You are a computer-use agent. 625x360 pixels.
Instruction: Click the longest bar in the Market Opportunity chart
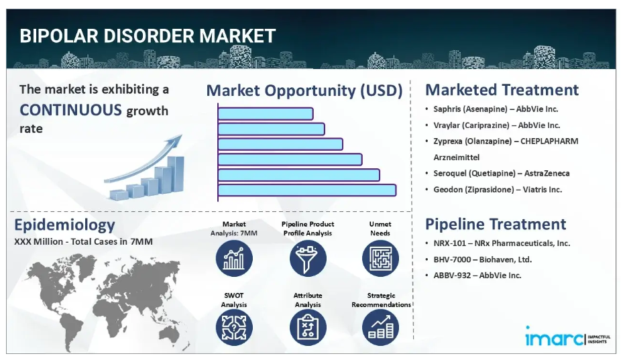tap(307, 190)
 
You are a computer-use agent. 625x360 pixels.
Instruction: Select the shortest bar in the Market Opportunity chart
tap(266, 114)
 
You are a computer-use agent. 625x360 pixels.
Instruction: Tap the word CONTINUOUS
tap(70, 110)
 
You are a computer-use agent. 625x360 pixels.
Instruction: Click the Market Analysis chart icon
tap(234, 258)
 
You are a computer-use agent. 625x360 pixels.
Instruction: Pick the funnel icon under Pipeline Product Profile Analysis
tap(308, 258)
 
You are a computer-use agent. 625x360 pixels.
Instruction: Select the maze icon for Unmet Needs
tap(380, 258)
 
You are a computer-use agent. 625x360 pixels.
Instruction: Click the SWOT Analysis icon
tap(234, 328)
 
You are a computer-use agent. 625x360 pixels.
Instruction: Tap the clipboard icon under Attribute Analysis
tap(308, 328)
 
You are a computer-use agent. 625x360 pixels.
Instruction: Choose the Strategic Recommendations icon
tap(380, 328)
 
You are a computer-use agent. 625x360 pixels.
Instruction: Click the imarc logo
tap(567, 337)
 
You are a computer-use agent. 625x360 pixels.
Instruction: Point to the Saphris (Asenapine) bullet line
tap(496, 109)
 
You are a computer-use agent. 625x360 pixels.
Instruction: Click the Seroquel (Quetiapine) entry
tap(501, 174)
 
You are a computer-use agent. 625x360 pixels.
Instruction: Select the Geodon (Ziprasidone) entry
tap(498, 190)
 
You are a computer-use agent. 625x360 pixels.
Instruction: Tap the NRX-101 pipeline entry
tap(502, 243)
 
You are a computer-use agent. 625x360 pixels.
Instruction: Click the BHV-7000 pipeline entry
tap(482, 259)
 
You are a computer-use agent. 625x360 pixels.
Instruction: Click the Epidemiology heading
tap(64, 225)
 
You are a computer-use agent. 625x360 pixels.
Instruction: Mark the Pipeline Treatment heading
tap(496, 224)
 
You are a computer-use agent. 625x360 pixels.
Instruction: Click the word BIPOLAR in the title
tap(59, 36)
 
